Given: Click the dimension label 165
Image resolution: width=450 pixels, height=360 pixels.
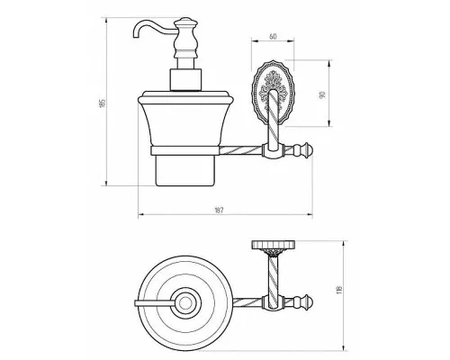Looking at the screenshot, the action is (103, 103).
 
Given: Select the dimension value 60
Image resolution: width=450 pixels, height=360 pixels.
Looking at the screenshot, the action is (273, 37).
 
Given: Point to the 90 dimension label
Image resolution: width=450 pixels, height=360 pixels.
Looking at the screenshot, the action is (323, 95).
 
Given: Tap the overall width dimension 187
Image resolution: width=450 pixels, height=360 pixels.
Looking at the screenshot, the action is (219, 210).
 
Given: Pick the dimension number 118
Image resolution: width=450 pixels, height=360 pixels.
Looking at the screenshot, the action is (339, 290).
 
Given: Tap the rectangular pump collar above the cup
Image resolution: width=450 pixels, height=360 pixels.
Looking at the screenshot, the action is (185, 79).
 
